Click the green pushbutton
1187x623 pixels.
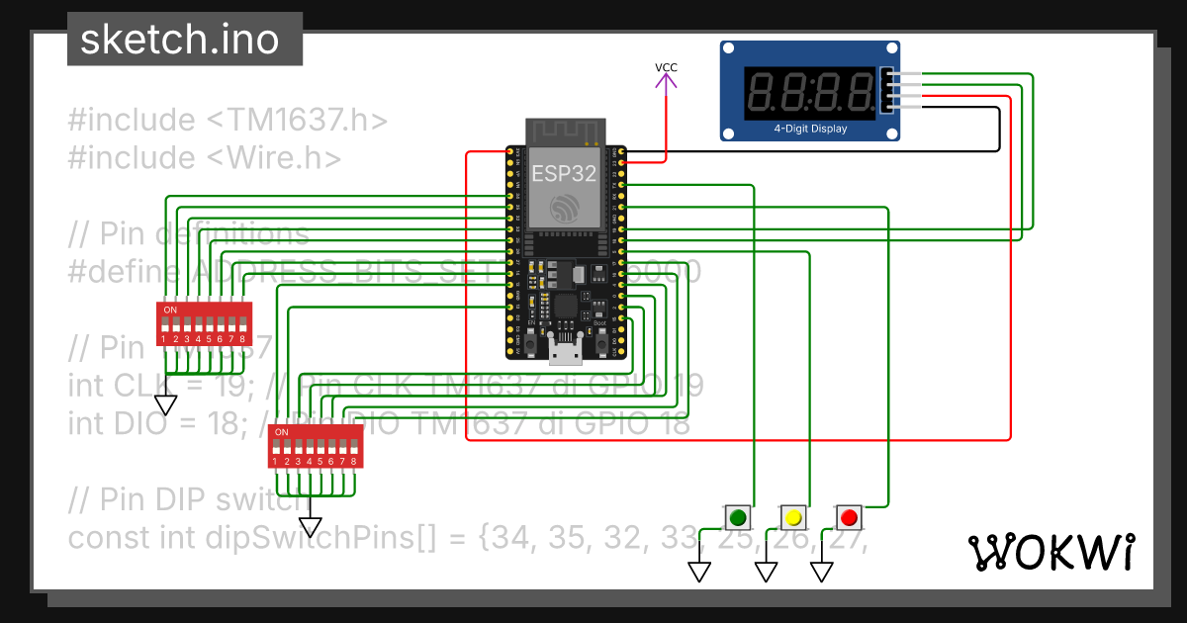[x=737, y=516]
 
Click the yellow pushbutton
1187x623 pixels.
[x=792, y=516]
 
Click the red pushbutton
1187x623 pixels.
[x=848, y=516]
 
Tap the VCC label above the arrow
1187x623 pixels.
[x=667, y=67]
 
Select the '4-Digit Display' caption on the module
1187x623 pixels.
[x=810, y=129]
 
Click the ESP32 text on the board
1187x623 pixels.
[x=564, y=173]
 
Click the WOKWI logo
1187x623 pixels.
[x=1050, y=552]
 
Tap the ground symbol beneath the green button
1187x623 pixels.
[x=700, y=572]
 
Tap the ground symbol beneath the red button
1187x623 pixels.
[x=822, y=572]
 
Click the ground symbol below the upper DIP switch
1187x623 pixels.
[x=166, y=404]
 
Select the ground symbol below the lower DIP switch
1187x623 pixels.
[x=312, y=527]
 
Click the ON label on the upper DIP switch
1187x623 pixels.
[x=170, y=311]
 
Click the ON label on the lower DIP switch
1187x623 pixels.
[x=282, y=432]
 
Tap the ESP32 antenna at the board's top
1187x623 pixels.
[x=564, y=132]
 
